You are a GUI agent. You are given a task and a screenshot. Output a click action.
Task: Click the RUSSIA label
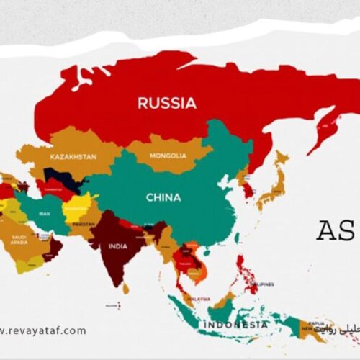(166, 103)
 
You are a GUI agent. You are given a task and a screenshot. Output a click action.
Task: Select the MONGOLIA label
(168, 156)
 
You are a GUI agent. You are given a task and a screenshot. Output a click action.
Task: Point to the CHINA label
(163, 197)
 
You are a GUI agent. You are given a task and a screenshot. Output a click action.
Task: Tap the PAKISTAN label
(84, 224)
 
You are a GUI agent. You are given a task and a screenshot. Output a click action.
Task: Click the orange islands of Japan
(274, 184)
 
